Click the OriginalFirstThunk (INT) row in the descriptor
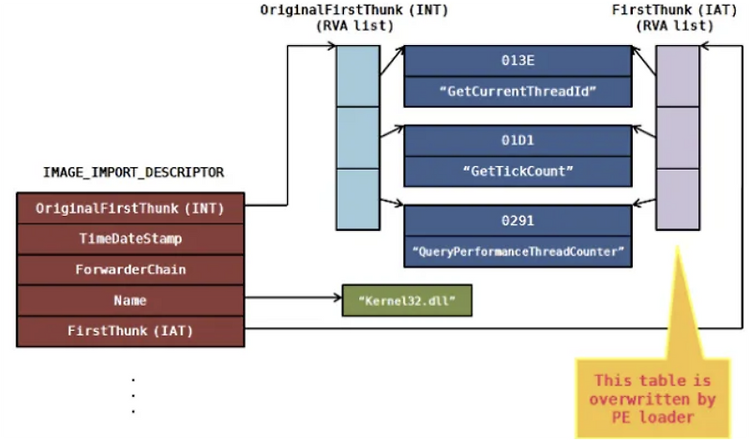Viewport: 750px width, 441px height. (130, 208)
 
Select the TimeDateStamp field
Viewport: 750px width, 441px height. (130, 239)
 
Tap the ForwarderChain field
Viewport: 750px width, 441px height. (130, 269)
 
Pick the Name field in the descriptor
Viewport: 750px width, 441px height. (130, 300)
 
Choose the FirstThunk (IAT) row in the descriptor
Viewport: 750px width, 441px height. (130, 330)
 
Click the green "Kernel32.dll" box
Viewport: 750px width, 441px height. (406, 300)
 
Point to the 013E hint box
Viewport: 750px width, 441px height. (517, 61)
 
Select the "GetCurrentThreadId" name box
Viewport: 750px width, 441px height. (517, 92)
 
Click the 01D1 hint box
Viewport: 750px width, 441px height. (517, 141)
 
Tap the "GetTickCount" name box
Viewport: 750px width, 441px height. (517, 172)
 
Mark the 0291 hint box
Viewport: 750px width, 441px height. (517, 221)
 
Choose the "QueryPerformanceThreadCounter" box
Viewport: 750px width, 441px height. (517, 252)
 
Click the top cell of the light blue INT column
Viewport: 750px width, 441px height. (357, 75)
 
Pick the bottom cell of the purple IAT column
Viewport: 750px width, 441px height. (677, 199)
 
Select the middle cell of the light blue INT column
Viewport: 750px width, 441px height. (357, 137)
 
